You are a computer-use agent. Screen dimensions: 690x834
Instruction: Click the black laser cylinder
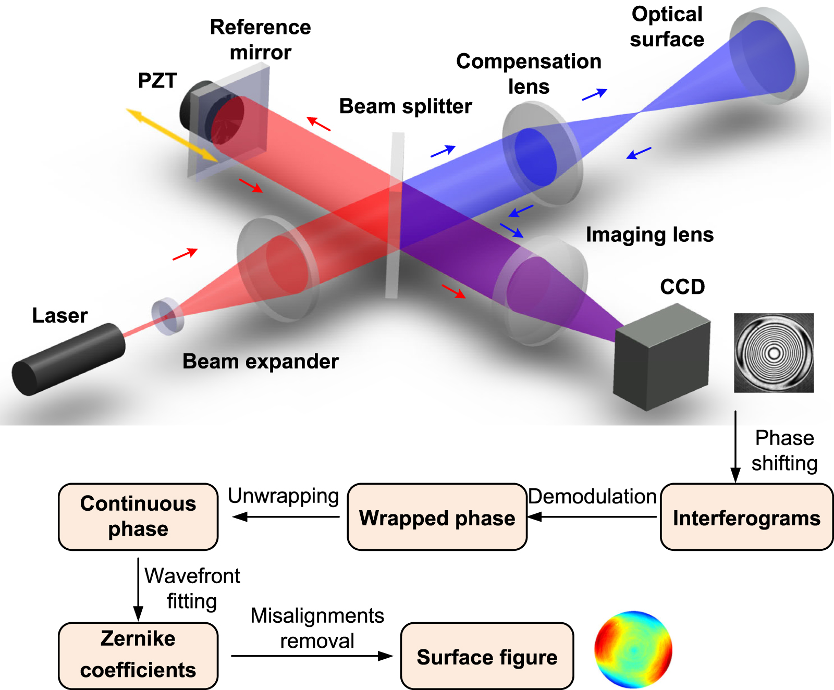click(68, 360)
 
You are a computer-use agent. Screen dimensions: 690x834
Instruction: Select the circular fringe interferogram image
click(774, 353)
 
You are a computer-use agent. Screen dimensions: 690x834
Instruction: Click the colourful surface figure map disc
click(633, 650)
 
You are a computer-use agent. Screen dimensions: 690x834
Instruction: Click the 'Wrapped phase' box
click(437, 517)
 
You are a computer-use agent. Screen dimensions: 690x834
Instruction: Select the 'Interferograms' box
click(746, 517)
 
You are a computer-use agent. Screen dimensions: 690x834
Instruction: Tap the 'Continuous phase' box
click(138, 516)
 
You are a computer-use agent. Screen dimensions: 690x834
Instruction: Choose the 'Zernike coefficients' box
click(138, 655)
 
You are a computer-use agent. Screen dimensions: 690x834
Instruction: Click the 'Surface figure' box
click(487, 656)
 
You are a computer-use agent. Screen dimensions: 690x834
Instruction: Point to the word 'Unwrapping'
click(284, 496)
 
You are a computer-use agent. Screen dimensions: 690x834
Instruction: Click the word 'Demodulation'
click(592, 496)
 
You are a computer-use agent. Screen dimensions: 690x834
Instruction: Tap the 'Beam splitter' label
click(406, 106)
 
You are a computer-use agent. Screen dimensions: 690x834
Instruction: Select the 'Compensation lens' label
click(529, 73)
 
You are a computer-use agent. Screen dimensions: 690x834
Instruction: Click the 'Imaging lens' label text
click(649, 235)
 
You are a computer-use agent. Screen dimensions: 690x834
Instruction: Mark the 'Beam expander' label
click(261, 361)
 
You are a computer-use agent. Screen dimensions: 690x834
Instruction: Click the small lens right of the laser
click(167, 316)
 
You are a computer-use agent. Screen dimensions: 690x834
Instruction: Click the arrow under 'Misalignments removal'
click(312, 656)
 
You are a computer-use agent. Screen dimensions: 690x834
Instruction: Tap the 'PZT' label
click(157, 81)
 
